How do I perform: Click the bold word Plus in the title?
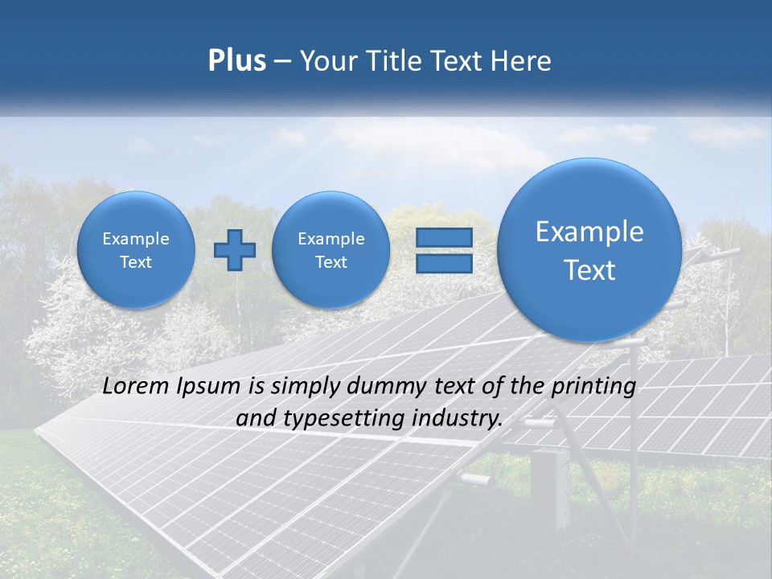tap(236, 61)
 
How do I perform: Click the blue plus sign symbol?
tap(234, 250)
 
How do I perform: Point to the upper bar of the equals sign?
tap(444, 238)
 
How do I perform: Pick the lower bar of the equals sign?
tap(444, 263)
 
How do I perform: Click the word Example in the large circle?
tap(589, 232)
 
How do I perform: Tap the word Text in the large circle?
tap(589, 271)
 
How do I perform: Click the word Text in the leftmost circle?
tap(136, 262)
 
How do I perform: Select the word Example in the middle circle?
tap(331, 239)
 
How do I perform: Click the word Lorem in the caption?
tap(132, 387)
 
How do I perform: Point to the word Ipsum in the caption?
tap(211, 387)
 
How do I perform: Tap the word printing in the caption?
tap(592, 387)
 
